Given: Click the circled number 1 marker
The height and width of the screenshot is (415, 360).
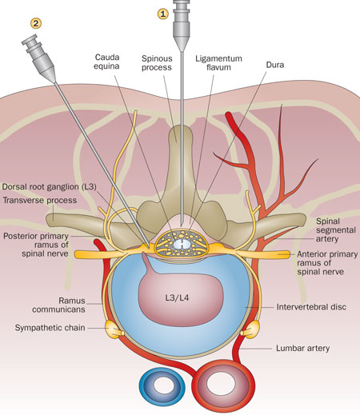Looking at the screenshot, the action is tap(163, 14).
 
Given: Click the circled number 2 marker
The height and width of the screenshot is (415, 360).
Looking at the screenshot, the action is tap(36, 23).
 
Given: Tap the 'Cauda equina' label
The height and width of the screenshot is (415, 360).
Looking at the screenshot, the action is tap(107, 62).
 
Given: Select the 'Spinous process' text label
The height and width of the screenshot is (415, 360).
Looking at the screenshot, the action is tap(157, 63).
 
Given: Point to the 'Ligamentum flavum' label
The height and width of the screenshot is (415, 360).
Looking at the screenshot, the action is tap(218, 63).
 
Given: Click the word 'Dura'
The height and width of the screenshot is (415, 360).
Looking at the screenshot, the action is tap(275, 65).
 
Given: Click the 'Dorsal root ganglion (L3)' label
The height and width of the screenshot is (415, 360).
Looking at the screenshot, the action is tap(50, 186).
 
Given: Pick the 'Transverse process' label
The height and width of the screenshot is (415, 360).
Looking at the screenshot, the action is tap(40, 200).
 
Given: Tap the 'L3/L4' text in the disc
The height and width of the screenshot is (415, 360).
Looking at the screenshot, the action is tap(177, 297).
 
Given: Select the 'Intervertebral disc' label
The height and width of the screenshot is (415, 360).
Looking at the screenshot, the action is tap(311, 307).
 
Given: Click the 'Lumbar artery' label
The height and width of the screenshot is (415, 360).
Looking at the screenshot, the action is tap(302, 348).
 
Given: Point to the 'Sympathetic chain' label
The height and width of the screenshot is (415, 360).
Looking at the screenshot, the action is tap(50, 328).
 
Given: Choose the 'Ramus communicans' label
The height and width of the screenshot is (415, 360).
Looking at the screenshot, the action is tap(58, 305).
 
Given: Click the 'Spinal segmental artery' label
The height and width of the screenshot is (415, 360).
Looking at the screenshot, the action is tap(336, 229).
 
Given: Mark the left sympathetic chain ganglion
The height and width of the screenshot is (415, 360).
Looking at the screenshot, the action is tap(114, 329).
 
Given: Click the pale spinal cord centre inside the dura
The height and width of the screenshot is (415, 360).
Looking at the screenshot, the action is tap(182, 244).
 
